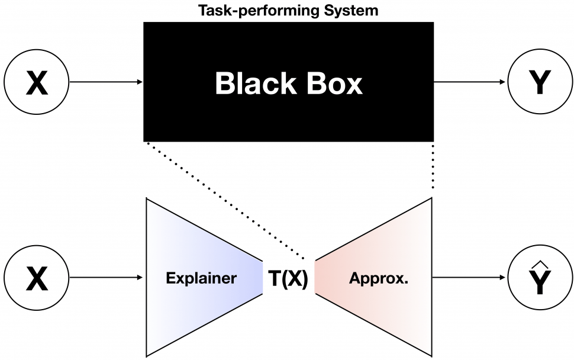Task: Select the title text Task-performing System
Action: (x=288, y=11)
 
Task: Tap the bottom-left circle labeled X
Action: (x=37, y=278)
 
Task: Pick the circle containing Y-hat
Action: (x=538, y=278)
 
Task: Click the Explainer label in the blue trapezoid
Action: (x=201, y=278)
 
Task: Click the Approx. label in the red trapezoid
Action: (x=379, y=278)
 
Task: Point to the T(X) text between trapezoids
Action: (x=288, y=278)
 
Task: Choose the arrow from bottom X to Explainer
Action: (x=105, y=278)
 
